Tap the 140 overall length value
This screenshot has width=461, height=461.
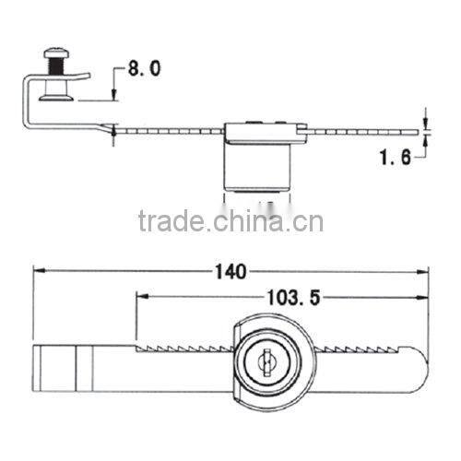click(x=233, y=272)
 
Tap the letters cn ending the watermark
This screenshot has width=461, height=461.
click(x=311, y=221)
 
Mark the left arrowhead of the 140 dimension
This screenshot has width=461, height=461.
click(x=38, y=272)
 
